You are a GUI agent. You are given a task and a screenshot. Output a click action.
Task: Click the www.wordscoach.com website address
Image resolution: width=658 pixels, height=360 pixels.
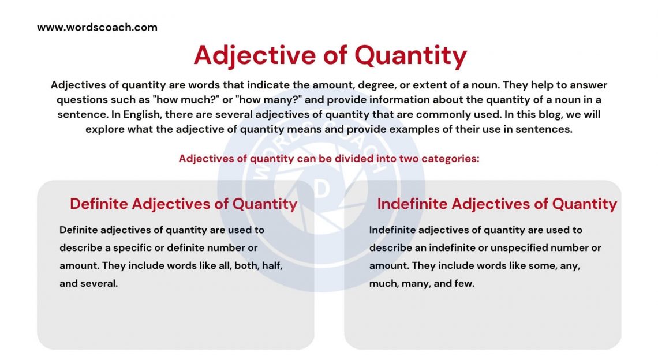click(x=97, y=27)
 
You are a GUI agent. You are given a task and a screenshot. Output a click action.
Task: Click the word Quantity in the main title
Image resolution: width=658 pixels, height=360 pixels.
click(x=410, y=55)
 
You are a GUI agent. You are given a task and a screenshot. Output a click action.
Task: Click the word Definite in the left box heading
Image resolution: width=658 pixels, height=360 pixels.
click(x=99, y=204)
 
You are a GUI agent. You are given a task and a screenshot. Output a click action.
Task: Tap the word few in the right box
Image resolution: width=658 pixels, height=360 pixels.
click(x=464, y=283)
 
